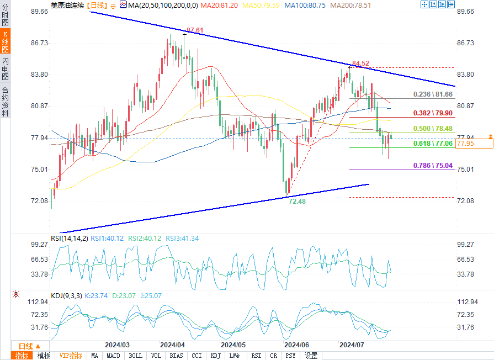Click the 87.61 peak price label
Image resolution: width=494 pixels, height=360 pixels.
click(195, 30)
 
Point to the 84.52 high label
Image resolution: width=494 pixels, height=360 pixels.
click(360, 63)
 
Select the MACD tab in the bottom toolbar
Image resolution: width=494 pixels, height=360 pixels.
click(114, 356)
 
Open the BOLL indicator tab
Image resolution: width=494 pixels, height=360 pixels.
click(135, 356)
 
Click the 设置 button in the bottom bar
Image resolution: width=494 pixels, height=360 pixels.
click(311, 356)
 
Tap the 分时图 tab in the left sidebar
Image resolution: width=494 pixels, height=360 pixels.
click(6, 17)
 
